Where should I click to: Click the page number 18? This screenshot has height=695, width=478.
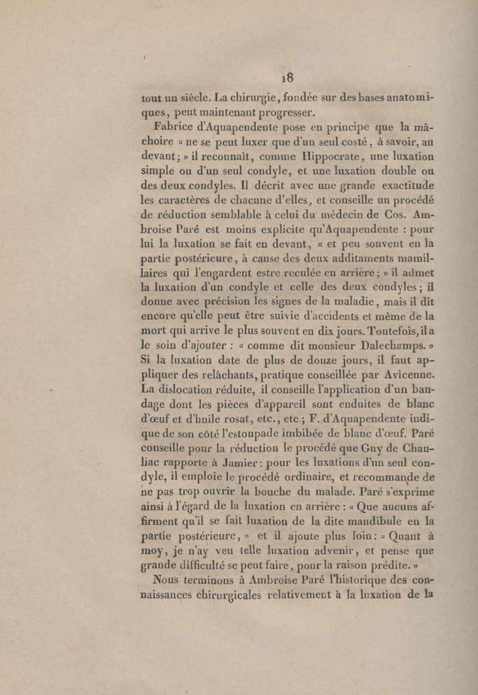coord(287,78)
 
